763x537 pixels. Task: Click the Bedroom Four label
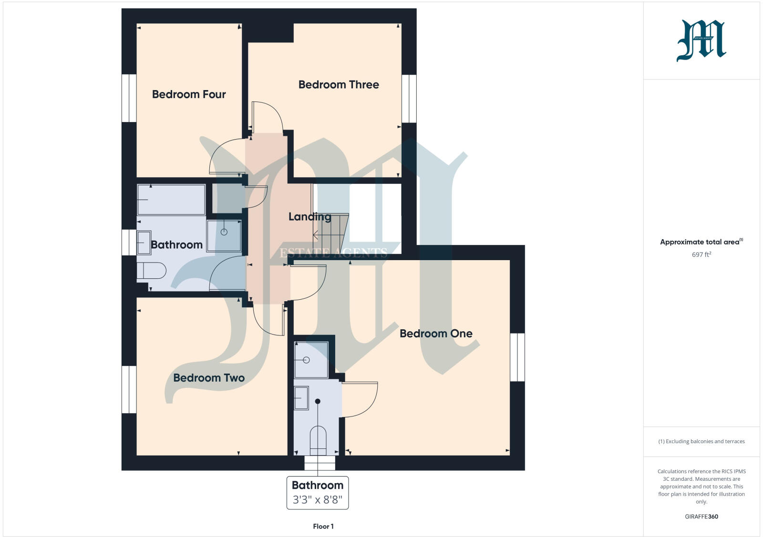(189, 94)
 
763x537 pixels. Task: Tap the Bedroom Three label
(339, 85)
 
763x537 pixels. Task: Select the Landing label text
(309, 217)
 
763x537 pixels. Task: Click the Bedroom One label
(436, 334)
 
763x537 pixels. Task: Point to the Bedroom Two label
(209, 378)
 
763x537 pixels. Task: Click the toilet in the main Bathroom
(151, 271)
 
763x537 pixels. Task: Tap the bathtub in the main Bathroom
(171, 200)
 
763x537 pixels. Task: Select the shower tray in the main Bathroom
(224, 235)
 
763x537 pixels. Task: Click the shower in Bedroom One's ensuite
(311, 360)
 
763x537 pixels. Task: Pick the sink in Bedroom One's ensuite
(301, 398)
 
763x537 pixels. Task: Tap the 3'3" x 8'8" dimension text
(318, 500)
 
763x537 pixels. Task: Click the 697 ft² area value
(701, 255)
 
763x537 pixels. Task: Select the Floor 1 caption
(323, 527)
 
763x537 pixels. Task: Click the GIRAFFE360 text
(701, 517)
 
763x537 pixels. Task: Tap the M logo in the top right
(701, 41)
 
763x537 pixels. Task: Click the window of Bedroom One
(517, 357)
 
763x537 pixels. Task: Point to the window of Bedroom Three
(409, 99)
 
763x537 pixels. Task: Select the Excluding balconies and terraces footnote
(701, 441)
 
